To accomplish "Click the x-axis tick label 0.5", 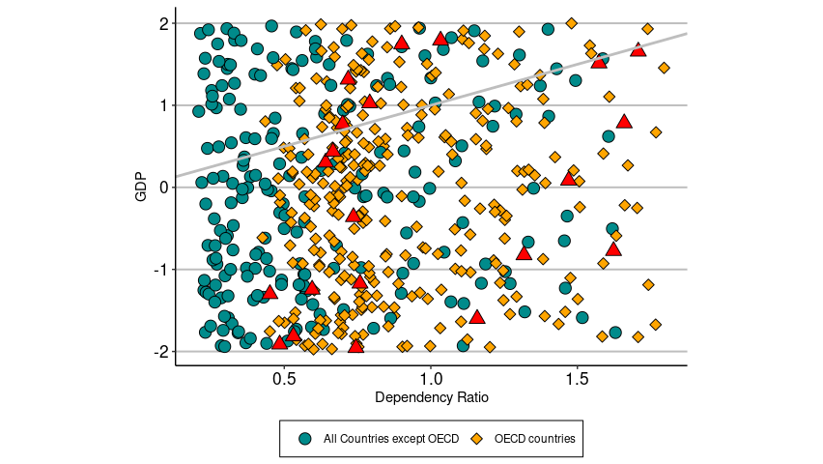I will point(284,380).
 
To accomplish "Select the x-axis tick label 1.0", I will point(431,380).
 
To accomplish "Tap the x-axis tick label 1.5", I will point(577,380).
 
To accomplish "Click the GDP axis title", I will point(142,187).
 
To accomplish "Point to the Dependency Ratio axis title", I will point(430,398).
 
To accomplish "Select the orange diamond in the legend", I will point(476,439).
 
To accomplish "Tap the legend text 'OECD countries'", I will point(534,439).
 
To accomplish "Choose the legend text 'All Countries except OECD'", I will point(391,439).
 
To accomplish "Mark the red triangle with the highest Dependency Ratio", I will point(638,49).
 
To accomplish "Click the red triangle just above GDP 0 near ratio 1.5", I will point(569,178).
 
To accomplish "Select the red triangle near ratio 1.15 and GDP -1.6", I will point(476,316).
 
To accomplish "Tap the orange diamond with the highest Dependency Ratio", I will point(664,68).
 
